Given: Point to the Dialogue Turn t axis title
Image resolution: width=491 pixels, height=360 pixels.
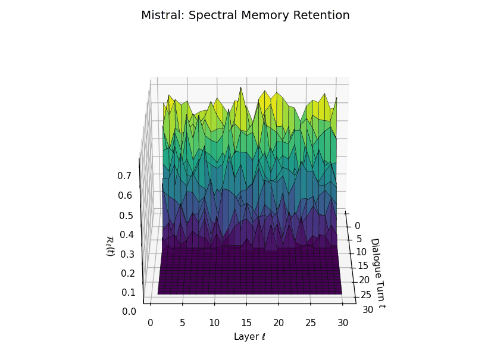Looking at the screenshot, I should coord(377,273).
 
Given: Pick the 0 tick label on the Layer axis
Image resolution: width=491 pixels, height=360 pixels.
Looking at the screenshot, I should coord(150,323).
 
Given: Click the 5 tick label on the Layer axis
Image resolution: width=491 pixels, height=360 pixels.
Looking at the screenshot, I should coord(182,323).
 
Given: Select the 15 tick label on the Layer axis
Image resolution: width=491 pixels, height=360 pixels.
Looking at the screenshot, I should coord(246,323).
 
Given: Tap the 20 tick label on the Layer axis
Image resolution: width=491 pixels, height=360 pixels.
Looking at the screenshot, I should coord(279,323).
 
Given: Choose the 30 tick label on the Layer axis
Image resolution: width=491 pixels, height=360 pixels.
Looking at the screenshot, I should coord(343,323).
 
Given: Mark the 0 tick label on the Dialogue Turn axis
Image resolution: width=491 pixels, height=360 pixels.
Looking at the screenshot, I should coord(357,226).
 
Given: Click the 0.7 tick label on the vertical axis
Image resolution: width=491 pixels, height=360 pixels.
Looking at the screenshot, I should coord(124,176).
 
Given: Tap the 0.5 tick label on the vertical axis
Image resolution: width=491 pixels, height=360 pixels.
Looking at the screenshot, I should coord(126,215).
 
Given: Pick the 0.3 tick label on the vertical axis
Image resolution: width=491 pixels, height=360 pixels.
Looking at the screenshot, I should coord(127,254).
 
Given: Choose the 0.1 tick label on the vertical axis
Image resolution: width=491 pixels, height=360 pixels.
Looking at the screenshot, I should coord(129,292).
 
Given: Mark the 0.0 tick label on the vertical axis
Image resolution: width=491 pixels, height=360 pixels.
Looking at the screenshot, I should coord(129,311).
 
